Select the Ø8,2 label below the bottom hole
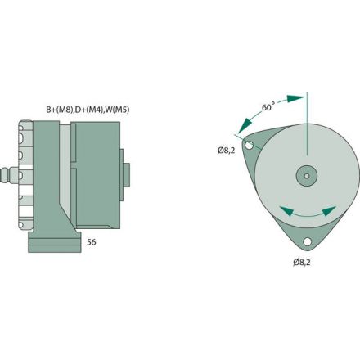click(x=303, y=262)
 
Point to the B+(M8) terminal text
click(x=58, y=108)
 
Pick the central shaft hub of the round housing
click(x=306, y=174)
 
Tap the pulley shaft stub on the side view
click(x=125, y=173)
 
